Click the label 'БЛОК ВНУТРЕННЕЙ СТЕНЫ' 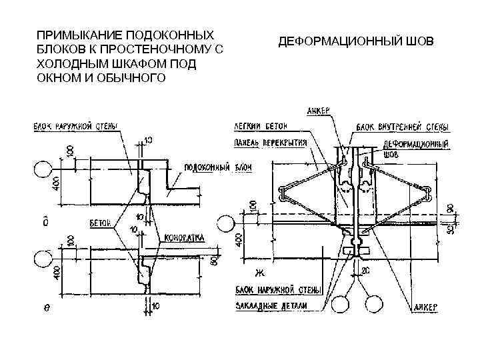401,126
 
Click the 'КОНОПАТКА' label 184,237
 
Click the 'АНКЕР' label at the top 317,110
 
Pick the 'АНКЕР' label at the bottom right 423,307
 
